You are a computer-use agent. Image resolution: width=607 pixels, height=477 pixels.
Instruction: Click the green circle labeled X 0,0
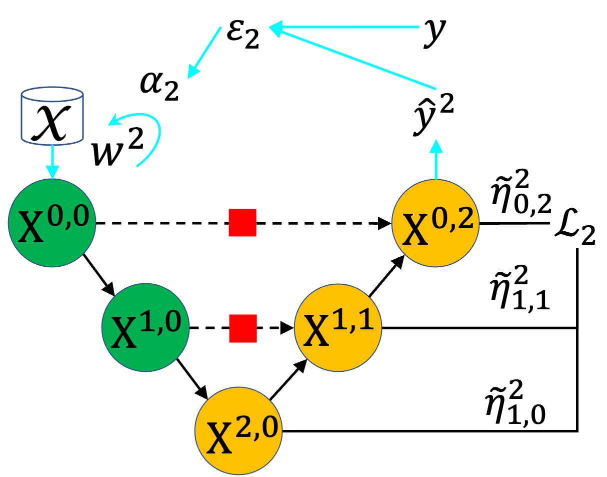pyautogui.click(x=52, y=223)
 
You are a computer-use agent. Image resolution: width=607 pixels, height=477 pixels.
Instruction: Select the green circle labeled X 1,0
pyautogui.click(x=145, y=327)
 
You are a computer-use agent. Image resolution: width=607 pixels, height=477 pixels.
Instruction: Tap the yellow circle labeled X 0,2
pyautogui.click(x=435, y=223)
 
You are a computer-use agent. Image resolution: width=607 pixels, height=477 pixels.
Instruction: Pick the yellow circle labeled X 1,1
pyautogui.click(x=338, y=327)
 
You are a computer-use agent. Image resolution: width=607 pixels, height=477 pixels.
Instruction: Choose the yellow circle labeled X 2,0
pyautogui.click(x=238, y=430)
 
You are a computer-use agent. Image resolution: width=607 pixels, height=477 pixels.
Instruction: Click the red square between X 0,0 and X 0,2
pyautogui.click(x=242, y=223)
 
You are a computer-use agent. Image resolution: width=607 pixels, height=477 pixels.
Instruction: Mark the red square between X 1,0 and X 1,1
pyautogui.click(x=243, y=328)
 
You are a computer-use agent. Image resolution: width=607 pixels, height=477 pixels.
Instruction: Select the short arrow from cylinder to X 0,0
pyautogui.click(x=52, y=161)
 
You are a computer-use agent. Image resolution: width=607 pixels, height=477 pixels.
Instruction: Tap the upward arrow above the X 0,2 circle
pyautogui.click(x=436, y=159)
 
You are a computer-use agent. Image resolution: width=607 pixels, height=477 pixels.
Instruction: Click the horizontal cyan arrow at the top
pyautogui.click(x=345, y=27)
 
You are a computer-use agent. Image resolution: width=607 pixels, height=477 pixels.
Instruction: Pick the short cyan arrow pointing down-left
pyautogui.click(x=205, y=52)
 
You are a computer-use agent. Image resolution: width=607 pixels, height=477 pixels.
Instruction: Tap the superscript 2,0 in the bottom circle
pyautogui.click(x=257, y=429)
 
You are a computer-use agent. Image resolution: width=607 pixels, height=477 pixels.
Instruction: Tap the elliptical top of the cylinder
pyautogui.click(x=52, y=94)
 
